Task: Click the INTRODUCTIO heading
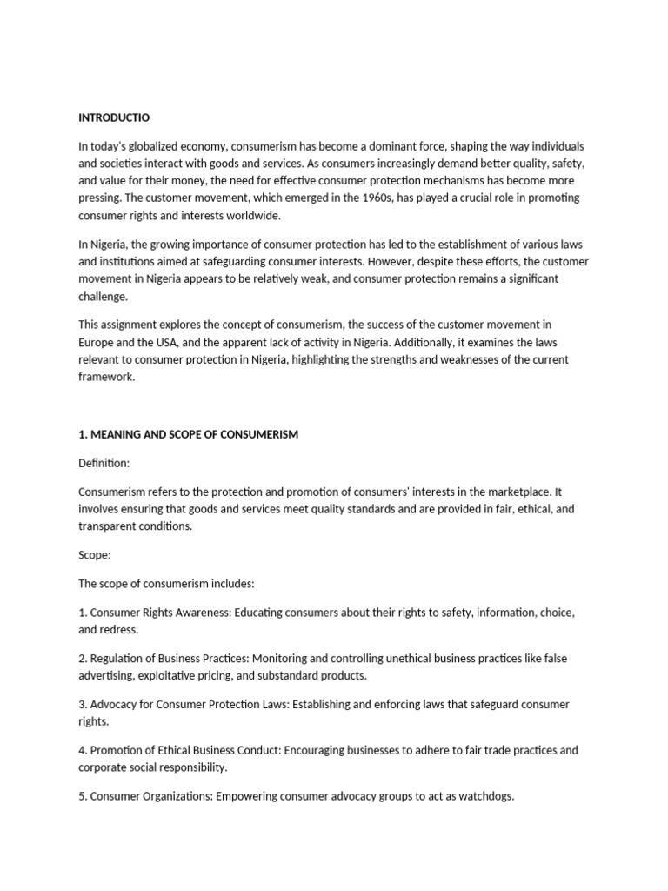[x=113, y=117]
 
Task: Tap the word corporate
[x=104, y=767]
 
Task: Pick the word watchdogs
[x=487, y=794]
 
